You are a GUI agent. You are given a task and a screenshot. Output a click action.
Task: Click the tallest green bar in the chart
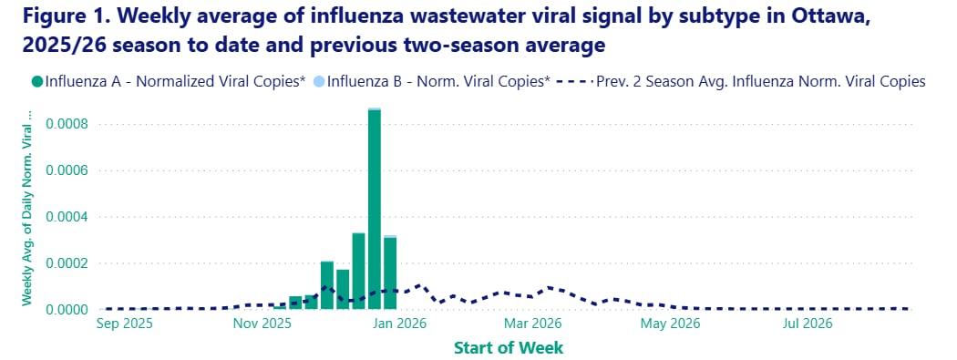[x=375, y=210]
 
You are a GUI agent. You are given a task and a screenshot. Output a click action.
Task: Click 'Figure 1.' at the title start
[x=56, y=17]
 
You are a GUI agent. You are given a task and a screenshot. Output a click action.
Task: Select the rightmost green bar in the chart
[x=390, y=273]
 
